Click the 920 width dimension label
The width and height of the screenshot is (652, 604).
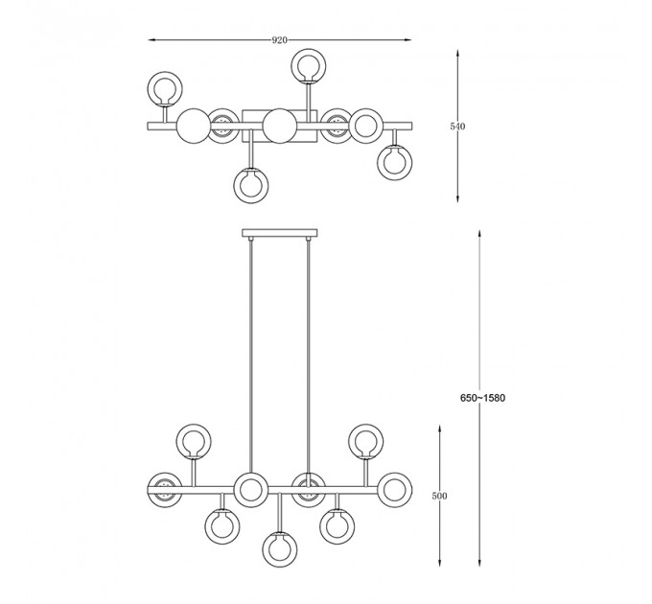coord(279,40)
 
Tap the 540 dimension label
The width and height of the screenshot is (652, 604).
coord(457,127)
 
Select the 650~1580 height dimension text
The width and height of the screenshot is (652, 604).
coord(482,398)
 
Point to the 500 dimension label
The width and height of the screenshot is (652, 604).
coord(439,496)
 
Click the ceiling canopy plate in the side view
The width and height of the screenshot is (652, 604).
coord(280,233)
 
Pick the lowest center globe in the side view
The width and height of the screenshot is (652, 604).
coord(280,548)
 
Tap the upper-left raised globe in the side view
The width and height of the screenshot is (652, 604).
coord(194,441)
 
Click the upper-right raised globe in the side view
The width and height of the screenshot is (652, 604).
coord(366,441)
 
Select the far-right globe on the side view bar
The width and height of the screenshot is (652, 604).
coord(395,490)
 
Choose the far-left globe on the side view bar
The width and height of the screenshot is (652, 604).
coord(165,490)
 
